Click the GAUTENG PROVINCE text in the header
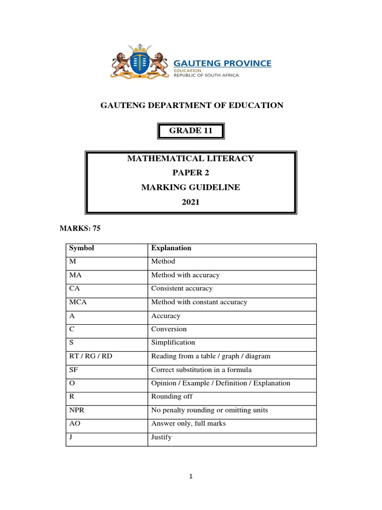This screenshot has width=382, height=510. pyautogui.click(x=222, y=63)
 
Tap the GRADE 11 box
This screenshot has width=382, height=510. pyautogui.click(x=191, y=131)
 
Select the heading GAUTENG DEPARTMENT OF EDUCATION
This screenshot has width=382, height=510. pyautogui.click(x=192, y=105)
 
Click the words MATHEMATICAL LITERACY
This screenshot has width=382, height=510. pyautogui.click(x=191, y=158)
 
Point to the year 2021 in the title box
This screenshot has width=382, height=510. pyautogui.click(x=191, y=202)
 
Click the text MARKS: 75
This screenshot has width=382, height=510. pyautogui.click(x=80, y=228)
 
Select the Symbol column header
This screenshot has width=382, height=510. pyautogui.click(x=82, y=248)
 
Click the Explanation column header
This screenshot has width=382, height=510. pyautogui.click(x=171, y=248)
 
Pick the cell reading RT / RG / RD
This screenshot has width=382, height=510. pyautogui.click(x=90, y=356)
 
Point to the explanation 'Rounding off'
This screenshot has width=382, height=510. pyautogui.click(x=172, y=397)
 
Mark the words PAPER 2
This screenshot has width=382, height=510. pyautogui.click(x=191, y=173)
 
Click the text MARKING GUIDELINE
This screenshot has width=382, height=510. pyautogui.click(x=191, y=187)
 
